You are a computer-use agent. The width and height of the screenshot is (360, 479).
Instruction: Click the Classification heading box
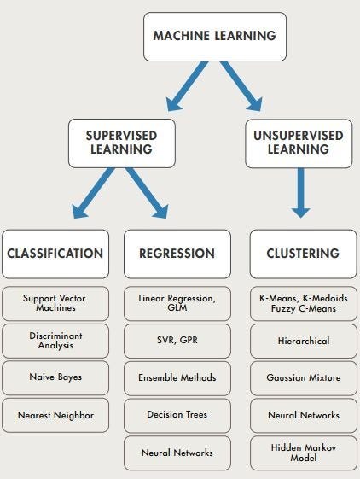point(55,254)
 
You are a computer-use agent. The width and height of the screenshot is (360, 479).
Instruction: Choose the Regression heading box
point(177,254)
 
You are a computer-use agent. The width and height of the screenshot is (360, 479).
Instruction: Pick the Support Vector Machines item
point(55,302)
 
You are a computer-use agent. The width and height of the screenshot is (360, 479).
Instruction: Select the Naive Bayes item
point(55,377)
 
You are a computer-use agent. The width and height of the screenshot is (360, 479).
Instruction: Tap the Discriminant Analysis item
point(55,340)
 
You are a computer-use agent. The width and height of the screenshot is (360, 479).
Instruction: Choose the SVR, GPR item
point(177,340)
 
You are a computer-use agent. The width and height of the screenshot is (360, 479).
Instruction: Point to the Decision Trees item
point(177,414)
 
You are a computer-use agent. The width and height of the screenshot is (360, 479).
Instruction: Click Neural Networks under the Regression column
point(177,452)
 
